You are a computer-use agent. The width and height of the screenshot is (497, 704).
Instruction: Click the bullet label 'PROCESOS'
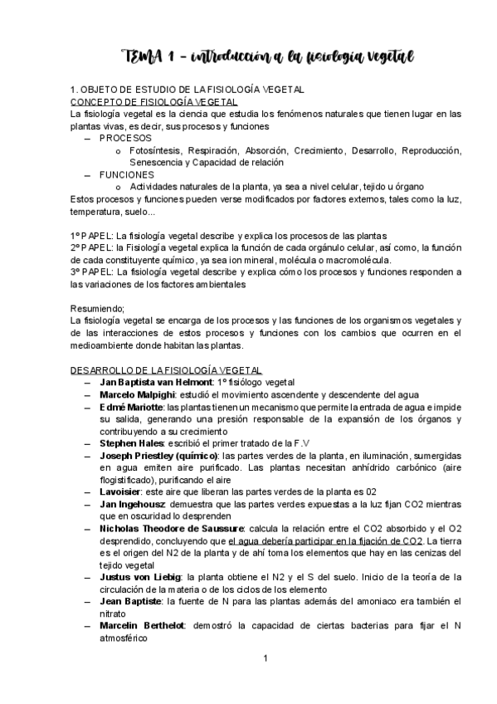pos(125,138)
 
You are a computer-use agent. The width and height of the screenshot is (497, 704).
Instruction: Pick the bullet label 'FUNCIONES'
pos(127,175)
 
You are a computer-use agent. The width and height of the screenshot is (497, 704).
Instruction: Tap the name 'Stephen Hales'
pos(130,444)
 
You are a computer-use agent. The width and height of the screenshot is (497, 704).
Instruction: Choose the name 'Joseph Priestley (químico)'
pos(158,457)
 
